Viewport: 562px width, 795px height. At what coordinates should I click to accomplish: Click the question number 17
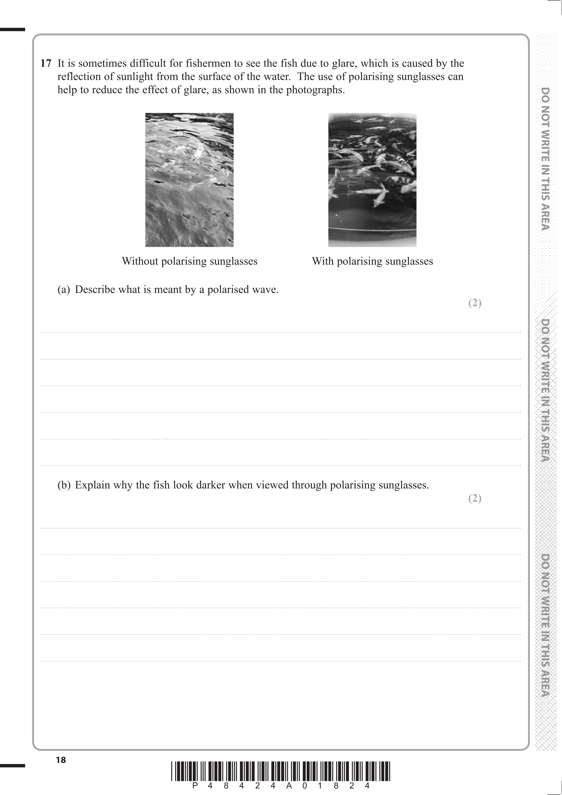46,63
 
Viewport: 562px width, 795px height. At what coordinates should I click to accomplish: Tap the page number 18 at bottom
61,760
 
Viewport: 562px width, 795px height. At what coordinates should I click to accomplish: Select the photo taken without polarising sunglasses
189,180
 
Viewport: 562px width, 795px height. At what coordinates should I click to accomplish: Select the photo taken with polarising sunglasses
372,180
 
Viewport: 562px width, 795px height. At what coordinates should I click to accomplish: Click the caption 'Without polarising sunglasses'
190,261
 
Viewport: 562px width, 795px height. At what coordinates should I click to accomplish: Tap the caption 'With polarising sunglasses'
372,261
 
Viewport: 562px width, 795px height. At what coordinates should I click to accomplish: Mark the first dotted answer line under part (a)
280,332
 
